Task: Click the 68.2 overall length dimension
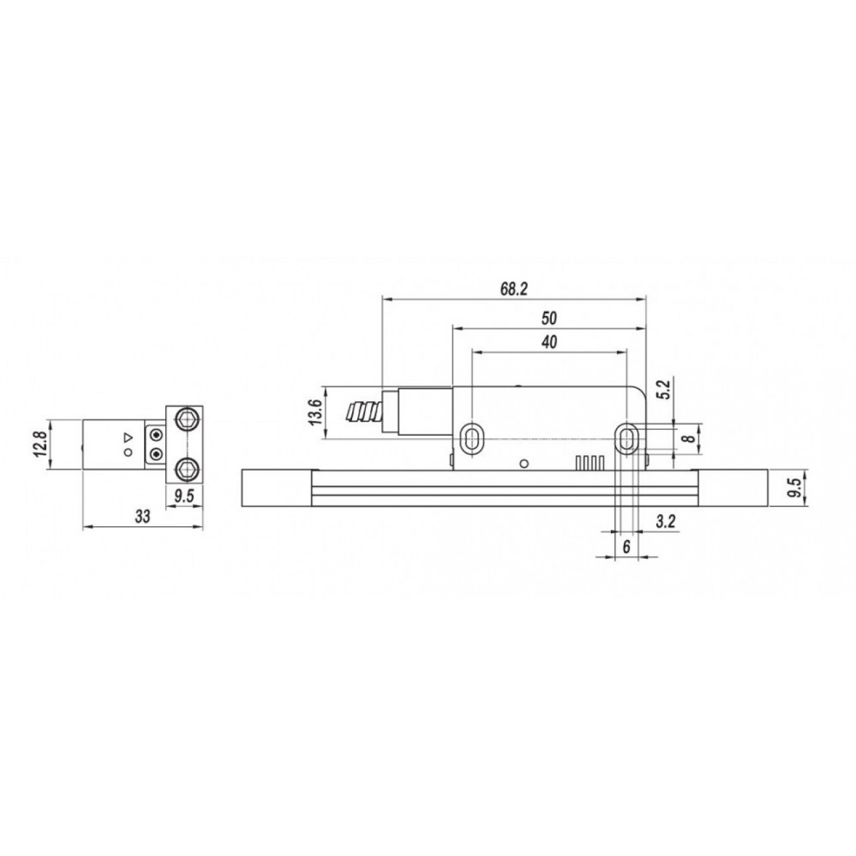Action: tap(514, 289)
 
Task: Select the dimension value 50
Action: tap(549, 318)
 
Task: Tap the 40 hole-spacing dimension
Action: tap(549, 342)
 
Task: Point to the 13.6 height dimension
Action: tap(315, 412)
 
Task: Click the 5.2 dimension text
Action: tap(662, 391)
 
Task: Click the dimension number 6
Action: tap(626, 547)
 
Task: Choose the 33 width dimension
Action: tap(142, 517)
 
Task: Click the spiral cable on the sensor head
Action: tap(364, 412)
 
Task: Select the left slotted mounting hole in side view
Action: tap(471, 438)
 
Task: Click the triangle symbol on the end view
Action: tap(128, 436)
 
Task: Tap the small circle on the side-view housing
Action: tap(525, 462)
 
